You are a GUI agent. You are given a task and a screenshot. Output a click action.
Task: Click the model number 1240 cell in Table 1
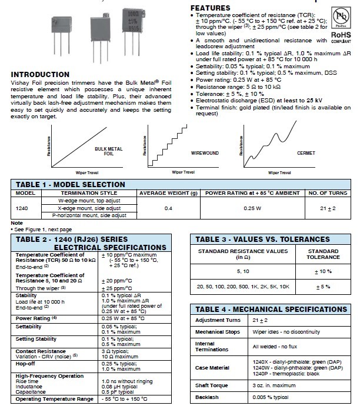point(22,208)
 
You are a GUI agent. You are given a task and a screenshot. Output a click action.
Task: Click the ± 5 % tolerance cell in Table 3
point(323,286)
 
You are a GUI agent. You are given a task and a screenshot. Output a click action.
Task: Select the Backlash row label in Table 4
point(206,398)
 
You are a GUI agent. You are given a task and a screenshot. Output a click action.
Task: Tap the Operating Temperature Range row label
point(54,399)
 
